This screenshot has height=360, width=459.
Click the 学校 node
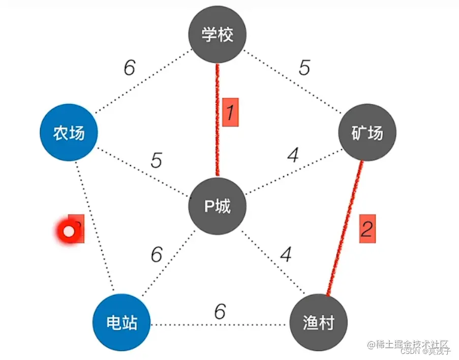click(218, 36)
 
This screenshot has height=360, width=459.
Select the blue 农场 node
click(69, 133)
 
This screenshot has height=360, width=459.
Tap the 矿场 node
click(367, 133)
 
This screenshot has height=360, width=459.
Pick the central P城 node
click(218, 206)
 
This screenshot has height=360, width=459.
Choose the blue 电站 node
click(121, 322)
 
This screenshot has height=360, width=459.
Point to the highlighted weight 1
click(230, 113)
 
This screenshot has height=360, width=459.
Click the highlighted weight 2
click(366, 228)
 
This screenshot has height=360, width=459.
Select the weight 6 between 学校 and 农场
click(130, 67)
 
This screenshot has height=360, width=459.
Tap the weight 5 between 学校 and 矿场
click(304, 67)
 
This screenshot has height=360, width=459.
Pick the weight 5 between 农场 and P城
click(156, 160)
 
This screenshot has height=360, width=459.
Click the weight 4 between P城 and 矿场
click(293, 155)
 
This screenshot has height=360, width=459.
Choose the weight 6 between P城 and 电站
click(156, 254)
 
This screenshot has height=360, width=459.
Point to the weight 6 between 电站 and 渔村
click(220, 311)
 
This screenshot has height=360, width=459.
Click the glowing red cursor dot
click(69, 232)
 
